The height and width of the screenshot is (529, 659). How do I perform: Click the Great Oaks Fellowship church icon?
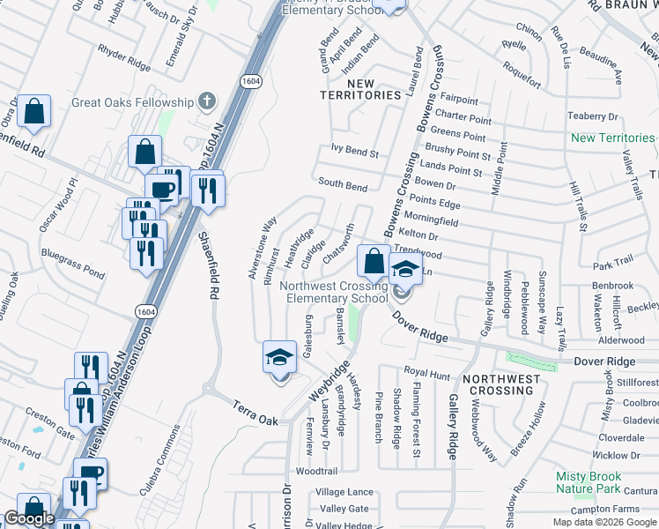coord(207,101)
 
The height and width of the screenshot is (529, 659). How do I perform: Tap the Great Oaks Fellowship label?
coord(132,102)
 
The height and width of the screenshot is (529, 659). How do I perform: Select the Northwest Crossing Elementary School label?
coord(334,292)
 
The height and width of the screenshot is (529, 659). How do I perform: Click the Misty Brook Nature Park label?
coord(594,482)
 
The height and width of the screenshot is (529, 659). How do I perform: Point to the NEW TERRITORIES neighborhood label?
coord(361,89)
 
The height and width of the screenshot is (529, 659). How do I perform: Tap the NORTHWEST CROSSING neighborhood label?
coord(501,384)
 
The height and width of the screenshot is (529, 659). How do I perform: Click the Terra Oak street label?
coord(255,412)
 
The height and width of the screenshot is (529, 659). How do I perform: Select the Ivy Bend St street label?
coord(354,153)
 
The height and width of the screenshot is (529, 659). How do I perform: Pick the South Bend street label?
coord(343,186)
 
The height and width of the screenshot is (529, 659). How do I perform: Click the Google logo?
coord(29,519)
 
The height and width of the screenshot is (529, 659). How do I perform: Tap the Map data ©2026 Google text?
coord(604,522)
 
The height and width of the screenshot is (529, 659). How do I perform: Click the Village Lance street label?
coord(344,491)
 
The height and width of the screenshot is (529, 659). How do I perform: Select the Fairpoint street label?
coord(458,101)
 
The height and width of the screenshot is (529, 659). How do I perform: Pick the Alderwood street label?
coord(621,339)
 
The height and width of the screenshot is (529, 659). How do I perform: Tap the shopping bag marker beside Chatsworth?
coord(374,261)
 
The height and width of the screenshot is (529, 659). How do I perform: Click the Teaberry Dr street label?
coord(593,115)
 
